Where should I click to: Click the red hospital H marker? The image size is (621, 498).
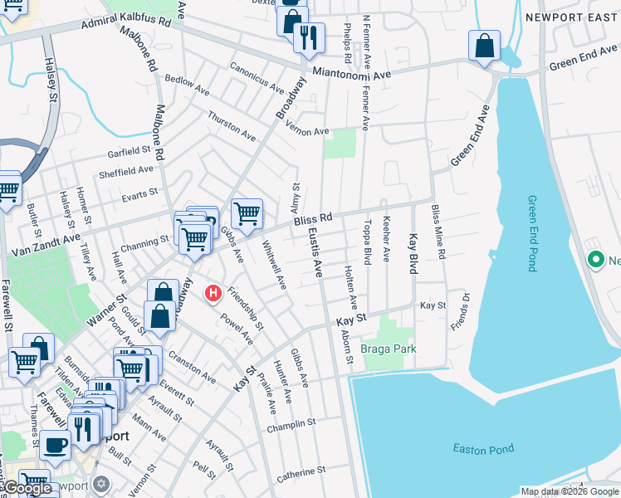pos(213,293)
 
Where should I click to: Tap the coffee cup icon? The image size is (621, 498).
pos(55,445)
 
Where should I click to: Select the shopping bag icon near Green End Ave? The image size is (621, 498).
pos(484,46)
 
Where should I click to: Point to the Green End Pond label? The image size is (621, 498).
pos(531,233)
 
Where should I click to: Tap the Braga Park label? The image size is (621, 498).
pos(389,349)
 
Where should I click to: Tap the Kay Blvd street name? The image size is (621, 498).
pos(412,255)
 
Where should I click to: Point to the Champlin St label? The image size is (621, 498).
pos(291,427)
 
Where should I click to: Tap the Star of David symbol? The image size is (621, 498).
pos(101,483)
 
